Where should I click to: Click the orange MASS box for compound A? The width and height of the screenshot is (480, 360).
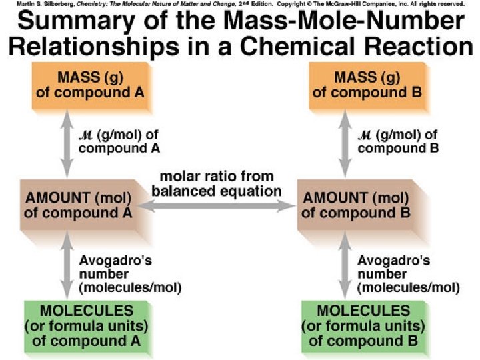(89, 85)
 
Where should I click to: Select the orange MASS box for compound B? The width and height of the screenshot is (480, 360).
(367, 85)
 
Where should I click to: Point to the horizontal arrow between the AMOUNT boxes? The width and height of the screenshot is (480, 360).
(217, 208)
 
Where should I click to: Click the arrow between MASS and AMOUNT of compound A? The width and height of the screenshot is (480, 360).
(65, 143)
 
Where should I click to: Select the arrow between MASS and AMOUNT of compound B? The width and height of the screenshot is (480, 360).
(345, 143)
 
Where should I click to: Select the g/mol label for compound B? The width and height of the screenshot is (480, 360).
(397, 141)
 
